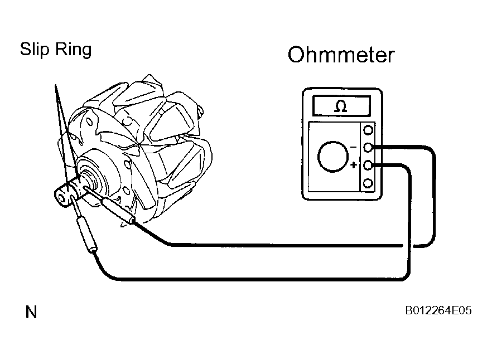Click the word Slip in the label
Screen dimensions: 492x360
(35, 49)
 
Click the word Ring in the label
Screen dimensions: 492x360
(74, 50)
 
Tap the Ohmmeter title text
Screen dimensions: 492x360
(341, 55)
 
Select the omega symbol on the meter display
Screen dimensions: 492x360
(341, 106)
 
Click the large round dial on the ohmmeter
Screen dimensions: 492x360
(333, 157)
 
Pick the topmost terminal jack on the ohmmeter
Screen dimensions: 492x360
(368, 130)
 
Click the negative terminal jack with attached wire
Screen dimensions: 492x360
(368, 147)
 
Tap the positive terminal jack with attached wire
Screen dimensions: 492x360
(368, 164)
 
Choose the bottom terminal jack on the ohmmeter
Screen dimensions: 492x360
(368, 183)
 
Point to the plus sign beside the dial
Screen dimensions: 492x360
(354, 164)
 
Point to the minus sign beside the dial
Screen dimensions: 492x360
(353, 147)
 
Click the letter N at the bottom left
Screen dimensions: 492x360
(31, 312)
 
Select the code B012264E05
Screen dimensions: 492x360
(438, 310)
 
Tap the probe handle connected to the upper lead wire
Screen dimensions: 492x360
(118, 211)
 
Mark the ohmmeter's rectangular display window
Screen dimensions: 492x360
(341, 106)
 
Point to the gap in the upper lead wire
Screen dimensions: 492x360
(408, 246)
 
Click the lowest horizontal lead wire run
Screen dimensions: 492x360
(261, 279)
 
